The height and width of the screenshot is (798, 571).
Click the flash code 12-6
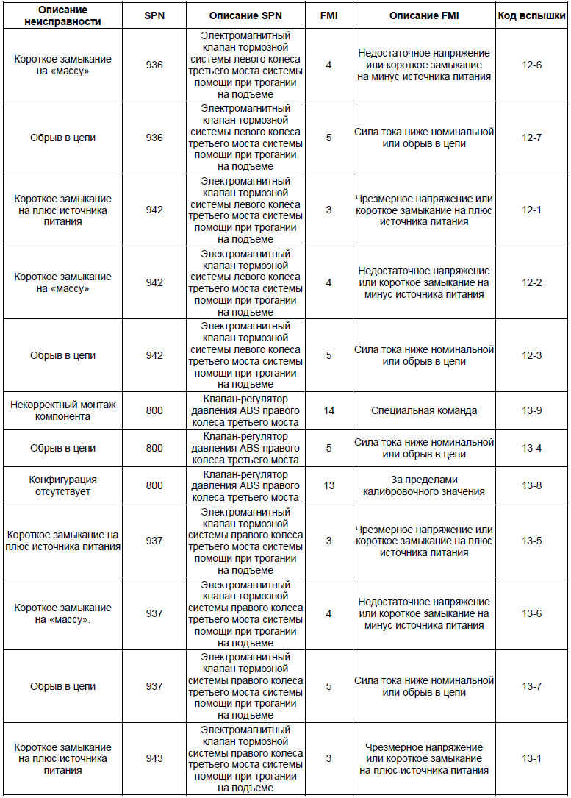coord(531,65)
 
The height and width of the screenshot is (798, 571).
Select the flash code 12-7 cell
coord(531,138)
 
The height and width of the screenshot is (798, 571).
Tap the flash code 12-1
coord(531,210)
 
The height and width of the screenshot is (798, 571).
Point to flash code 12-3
coord(531,355)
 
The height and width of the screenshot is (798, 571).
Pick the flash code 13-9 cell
coord(531,410)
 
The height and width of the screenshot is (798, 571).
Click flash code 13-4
coord(531,448)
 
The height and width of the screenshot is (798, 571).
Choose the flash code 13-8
coord(531,485)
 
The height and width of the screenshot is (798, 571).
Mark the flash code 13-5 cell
coord(531,541)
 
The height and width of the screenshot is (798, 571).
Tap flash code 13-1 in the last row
coord(531,758)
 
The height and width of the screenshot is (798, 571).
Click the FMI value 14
coord(328,410)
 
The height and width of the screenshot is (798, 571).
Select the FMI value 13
coord(328,485)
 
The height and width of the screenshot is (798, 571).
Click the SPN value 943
coord(154,758)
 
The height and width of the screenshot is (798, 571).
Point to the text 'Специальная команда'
coord(424,410)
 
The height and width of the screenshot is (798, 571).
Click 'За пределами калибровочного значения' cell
coord(424,485)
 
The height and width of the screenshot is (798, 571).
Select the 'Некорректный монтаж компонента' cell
coord(63,410)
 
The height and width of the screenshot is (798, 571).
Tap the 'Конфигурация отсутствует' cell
coord(63,485)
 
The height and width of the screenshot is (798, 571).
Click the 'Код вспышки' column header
coord(531,15)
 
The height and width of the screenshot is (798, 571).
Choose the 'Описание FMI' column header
coord(424,15)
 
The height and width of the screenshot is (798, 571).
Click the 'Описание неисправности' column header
coord(63,15)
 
